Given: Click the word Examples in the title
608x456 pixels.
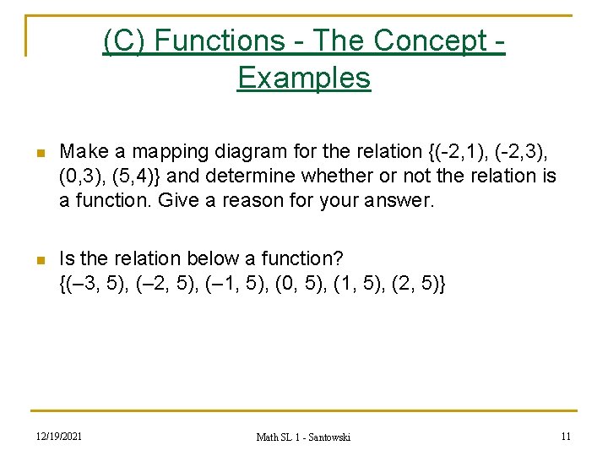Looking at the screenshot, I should tap(304, 78).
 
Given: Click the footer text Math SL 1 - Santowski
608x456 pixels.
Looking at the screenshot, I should tap(303, 437).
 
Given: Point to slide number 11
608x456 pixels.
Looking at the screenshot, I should tap(565, 436).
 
